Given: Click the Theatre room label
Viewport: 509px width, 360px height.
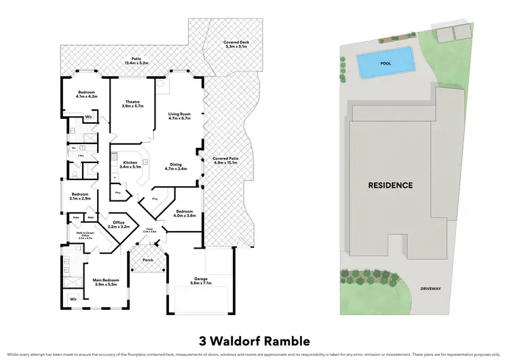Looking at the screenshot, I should pyautogui.click(x=122, y=105).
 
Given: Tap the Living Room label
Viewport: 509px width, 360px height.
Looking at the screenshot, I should pyautogui.click(x=180, y=115).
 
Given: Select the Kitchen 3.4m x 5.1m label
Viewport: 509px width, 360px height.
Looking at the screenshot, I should pyautogui.click(x=129, y=164).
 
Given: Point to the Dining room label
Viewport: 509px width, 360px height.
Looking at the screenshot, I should pyautogui.click(x=179, y=166).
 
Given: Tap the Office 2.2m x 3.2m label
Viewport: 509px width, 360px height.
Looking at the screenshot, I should pyautogui.click(x=120, y=224).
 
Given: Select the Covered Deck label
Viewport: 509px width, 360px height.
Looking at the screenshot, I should pyautogui.click(x=235, y=46).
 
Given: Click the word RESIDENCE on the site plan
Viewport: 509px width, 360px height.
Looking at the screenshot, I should pyautogui.click(x=390, y=185).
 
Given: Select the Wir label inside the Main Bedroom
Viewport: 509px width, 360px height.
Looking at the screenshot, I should pyautogui.click(x=73, y=298).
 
